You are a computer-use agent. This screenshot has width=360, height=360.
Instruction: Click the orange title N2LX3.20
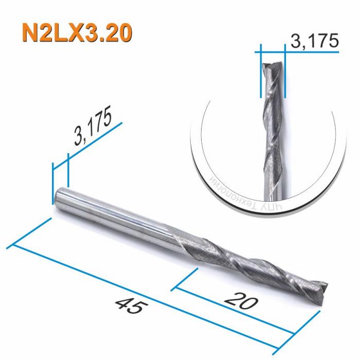point(76,32)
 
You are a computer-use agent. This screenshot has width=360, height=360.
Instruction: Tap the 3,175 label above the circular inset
point(314,41)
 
